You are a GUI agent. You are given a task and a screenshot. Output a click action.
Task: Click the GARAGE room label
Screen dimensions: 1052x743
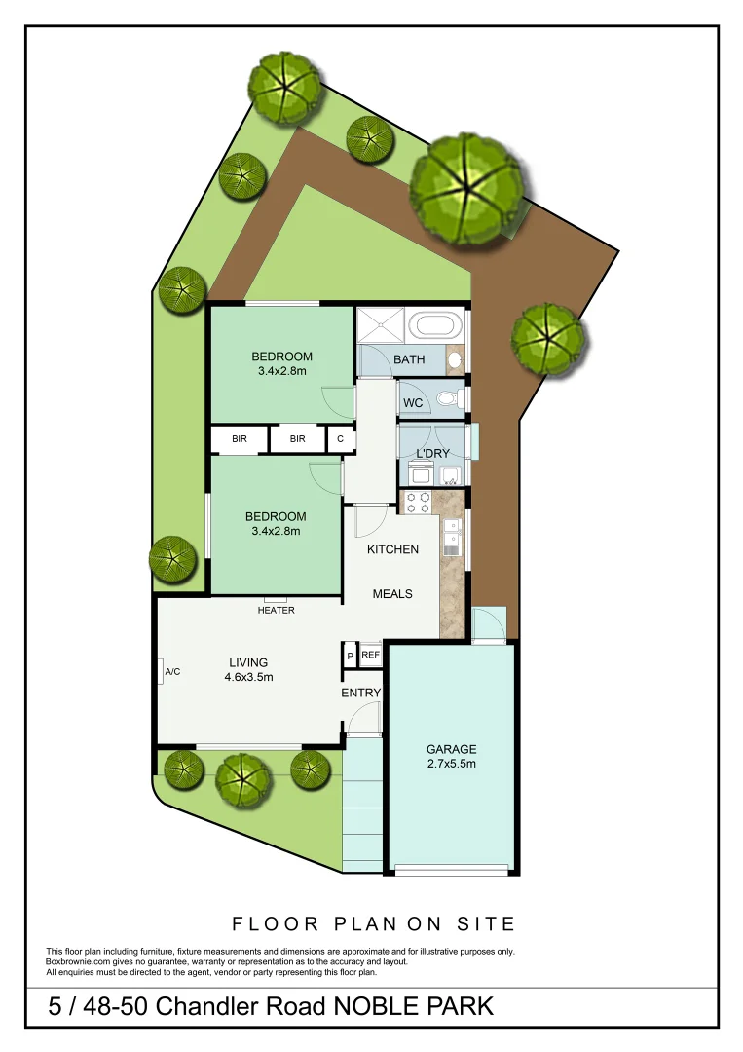[451, 749]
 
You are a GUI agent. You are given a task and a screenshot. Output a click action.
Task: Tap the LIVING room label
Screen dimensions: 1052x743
[248, 663]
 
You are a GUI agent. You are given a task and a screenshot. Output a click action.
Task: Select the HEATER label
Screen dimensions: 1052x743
[276, 610]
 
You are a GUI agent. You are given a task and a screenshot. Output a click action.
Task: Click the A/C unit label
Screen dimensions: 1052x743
[173, 672]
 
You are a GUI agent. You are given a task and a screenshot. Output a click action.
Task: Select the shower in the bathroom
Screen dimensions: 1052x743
[382, 325]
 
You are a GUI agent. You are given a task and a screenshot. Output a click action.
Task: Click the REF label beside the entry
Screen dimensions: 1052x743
[370, 656]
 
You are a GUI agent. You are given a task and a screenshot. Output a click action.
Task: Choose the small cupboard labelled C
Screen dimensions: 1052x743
[340, 439]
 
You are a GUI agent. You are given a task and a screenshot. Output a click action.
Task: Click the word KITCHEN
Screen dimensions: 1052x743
[392, 549]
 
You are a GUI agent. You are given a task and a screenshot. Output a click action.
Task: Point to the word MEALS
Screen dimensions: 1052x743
[392, 593]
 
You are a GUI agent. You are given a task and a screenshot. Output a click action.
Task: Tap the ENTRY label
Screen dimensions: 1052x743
[360, 693]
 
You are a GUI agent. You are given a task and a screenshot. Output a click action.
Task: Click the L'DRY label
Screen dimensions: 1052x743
[431, 455]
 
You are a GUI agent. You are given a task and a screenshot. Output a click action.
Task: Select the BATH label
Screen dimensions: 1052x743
[409, 359]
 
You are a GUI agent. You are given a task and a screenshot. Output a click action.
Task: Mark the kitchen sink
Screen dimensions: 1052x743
[451, 535]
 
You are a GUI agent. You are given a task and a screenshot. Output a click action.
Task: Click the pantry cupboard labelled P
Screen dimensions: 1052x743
[350, 656]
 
